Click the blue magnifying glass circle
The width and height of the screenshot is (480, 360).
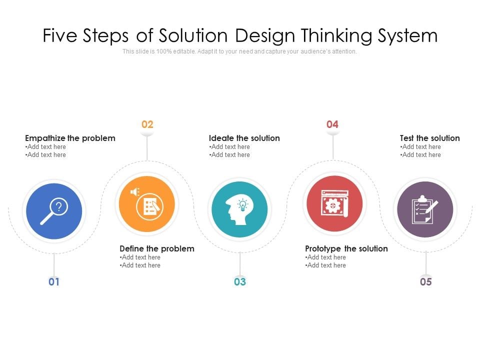tap(54, 211)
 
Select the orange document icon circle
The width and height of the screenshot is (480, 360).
tap(147, 204)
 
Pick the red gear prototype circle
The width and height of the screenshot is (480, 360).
tap(334, 204)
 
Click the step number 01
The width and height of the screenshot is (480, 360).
tap(54, 282)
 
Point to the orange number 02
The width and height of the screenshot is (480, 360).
tap(147, 124)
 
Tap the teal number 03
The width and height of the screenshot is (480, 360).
tap(240, 282)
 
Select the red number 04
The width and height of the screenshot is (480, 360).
tap(332, 124)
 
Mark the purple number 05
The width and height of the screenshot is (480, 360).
tap(425, 282)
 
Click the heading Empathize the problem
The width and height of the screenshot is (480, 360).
tap(70, 138)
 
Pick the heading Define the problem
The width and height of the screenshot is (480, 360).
tap(157, 248)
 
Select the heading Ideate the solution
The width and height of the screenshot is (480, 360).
tap(244, 138)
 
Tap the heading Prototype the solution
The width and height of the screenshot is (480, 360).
tap(346, 248)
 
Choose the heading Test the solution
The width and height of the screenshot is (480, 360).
tap(429, 138)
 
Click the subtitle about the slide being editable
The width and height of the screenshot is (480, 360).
tap(240, 51)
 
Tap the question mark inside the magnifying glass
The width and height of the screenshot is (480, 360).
tap(59, 205)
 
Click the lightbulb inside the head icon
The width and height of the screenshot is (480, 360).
tap(242, 204)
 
